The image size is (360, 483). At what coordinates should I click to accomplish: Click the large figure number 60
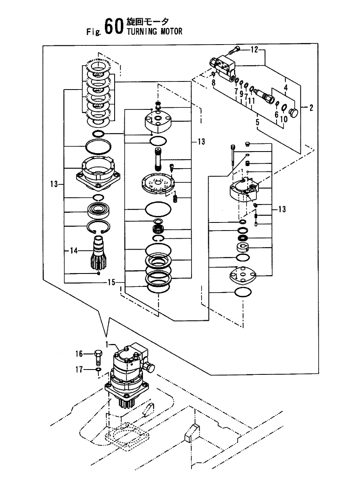coord(113,27)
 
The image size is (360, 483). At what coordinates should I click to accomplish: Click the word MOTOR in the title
coord(168,32)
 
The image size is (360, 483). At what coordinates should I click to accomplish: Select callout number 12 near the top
coord(254,50)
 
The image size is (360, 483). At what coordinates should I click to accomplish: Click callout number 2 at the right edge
coord(311,108)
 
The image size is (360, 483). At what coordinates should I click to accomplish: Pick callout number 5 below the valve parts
coord(257,121)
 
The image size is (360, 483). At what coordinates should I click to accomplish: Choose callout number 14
coord(72,251)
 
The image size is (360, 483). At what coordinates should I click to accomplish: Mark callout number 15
coord(111,282)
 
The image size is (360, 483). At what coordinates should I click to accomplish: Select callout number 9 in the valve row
coord(241,94)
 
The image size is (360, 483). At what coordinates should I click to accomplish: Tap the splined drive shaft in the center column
coord(158,159)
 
